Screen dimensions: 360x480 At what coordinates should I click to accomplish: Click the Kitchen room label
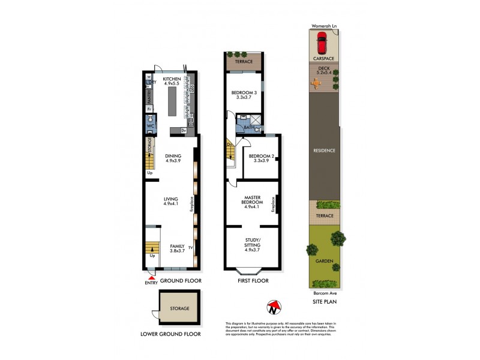pos(172,77)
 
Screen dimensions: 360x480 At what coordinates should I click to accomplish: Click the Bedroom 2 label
pos(262,157)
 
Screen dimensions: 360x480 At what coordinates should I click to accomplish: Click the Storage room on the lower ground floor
pos(178,308)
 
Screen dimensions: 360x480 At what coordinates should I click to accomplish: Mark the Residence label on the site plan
pos(324,150)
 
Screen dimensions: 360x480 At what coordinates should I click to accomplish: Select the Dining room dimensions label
pos(173,161)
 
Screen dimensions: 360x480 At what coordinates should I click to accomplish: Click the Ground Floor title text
pos(180,281)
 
